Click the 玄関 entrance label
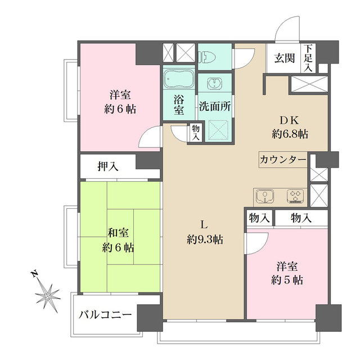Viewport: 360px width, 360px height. tap(285, 57)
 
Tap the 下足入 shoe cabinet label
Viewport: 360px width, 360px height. tap(309, 57)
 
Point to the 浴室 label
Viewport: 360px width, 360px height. tap(179, 104)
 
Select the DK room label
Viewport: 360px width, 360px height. tap(290, 120)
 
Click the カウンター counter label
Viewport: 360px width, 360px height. tap(283, 160)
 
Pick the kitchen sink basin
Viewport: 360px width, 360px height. tap(264, 196)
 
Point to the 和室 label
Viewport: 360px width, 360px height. tap(118, 232)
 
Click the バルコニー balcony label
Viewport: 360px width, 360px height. tap(105, 313)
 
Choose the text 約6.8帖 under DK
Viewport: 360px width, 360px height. tap(290, 134)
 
